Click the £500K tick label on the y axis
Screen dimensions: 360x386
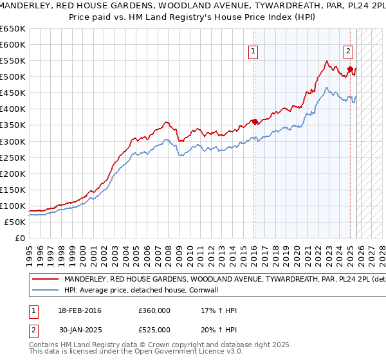(x=13, y=77)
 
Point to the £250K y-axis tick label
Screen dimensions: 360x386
(x=13, y=157)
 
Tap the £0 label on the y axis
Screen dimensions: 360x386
(x=21, y=238)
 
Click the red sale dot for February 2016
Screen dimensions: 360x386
(x=255, y=122)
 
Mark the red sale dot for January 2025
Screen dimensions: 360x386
(x=350, y=69)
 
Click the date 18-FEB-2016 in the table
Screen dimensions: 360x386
(x=79, y=310)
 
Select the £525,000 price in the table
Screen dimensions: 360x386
(x=154, y=329)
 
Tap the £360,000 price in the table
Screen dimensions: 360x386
(x=154, y=310)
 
